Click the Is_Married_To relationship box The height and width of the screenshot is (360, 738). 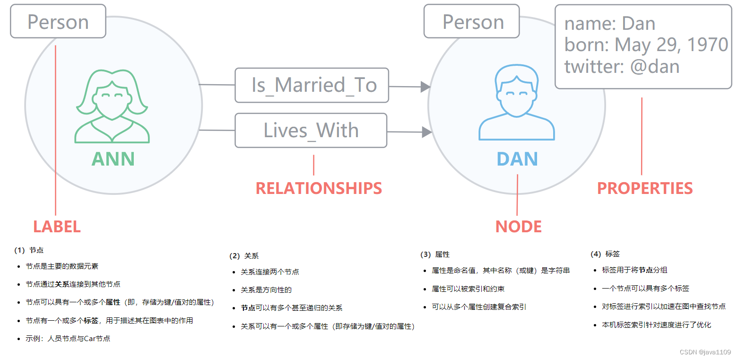click(312, 85)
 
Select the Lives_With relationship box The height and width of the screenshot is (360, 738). click(311, 130)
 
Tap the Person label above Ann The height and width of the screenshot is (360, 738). click(58, 22)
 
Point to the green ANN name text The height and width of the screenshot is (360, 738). click(113, 159)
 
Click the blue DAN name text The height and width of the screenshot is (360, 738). click(517, 159)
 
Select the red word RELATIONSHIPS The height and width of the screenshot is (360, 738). click(319, 188)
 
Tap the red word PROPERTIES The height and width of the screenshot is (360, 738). click(645, 188)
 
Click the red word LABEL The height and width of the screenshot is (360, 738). click(57, 227)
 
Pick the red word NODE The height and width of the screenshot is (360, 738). click(518, 227)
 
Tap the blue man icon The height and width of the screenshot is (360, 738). click(516, 103)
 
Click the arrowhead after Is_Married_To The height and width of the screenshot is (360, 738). click(425, 87)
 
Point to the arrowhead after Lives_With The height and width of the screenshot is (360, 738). click(426, 132)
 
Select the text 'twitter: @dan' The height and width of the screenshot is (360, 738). click(622, 66)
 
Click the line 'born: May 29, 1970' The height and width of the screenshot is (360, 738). click(646, 45)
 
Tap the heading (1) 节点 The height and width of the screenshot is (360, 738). click(29, 250)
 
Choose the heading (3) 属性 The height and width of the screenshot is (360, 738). click(434, 255)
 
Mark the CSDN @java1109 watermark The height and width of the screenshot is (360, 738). click(705, 352)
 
